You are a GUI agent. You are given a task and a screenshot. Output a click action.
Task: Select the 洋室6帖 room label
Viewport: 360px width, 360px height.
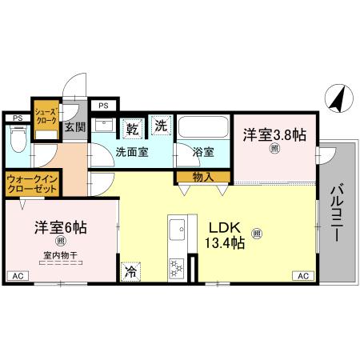click(x=60, y=227)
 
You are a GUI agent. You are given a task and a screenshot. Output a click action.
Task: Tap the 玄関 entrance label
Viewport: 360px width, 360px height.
click(x=74, y=126)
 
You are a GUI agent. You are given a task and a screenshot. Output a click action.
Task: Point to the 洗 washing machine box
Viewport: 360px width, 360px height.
click(x=162, y=126)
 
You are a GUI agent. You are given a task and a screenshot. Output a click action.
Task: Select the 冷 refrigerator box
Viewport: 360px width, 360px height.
click(x=130, y=272)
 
